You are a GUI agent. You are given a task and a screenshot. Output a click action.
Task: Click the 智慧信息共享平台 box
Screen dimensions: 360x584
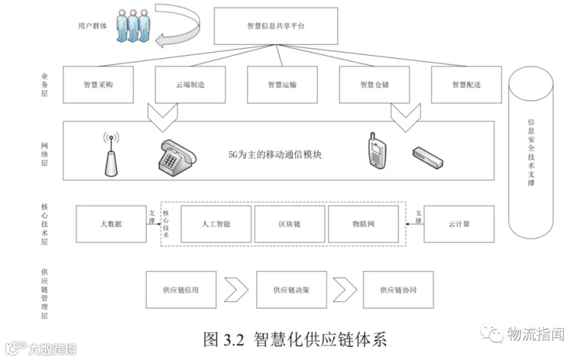click(x=276, y=27)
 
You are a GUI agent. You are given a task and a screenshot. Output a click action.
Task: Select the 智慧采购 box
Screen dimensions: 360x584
click(x=98, y=85)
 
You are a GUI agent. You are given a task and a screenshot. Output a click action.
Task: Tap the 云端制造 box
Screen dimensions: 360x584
click(x=190, y=85)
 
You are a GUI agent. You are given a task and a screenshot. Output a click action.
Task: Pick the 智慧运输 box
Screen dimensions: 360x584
click(x=282, y=85)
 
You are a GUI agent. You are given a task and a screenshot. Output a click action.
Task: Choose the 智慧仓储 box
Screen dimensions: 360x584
click(x=374, y=85)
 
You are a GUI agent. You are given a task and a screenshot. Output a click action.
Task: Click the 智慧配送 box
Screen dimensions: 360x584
click(x=466, y=85)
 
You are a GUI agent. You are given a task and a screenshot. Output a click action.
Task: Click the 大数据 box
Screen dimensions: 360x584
click(x=111, y=224)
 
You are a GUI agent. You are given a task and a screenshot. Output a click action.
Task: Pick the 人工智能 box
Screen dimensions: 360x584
click(x=216, y=224)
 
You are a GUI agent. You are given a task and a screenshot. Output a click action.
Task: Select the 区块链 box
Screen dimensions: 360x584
click(x=289, y=224)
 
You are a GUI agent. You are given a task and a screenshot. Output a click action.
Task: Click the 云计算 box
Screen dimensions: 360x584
click(x=459, y=224)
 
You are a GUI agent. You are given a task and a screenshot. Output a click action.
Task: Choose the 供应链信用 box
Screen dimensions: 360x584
click(x=180, y=290)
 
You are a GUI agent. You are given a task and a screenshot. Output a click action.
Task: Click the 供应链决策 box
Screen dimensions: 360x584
click(x=291, y=290)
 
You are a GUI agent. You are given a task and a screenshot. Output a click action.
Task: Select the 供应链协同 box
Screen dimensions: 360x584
click(x=398, y=290)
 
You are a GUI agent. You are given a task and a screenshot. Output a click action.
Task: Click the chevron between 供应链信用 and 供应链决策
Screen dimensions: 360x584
click(x=236, y=288)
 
